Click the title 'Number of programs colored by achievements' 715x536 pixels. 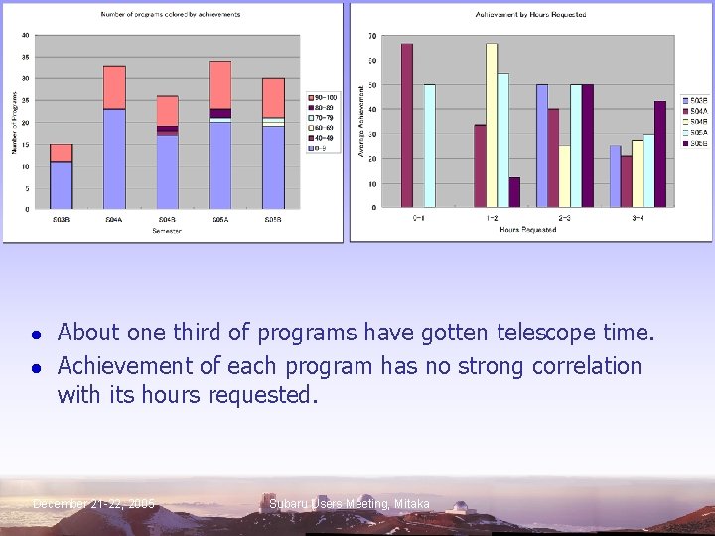point(170,15)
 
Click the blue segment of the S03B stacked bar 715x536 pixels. point(62,185)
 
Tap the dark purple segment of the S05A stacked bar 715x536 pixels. point(219,113)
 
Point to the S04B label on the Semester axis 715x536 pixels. point(167,219)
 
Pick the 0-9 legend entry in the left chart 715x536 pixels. point(321,147)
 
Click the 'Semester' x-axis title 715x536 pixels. point(167,230)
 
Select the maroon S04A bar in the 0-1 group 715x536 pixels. point(407,126)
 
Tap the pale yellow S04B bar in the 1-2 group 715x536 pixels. point(491,126)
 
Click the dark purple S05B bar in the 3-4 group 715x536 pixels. point(660,155)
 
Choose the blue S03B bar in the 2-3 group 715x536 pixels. point(542,146)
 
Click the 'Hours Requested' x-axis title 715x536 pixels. point(527,230)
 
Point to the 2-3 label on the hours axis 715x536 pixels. point(564,217)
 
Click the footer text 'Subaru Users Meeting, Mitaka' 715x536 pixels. point(350,504)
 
